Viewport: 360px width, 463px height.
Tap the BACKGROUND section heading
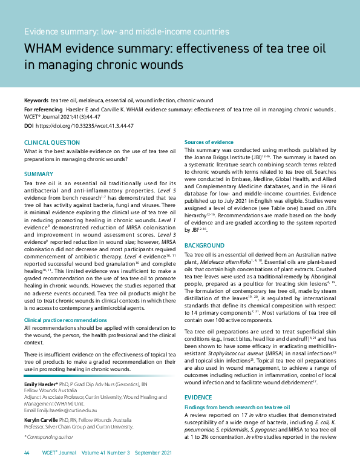pyautogui.click(x=205, y=246)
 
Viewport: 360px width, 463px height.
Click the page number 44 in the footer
pyautogui.click(x=27, y=452)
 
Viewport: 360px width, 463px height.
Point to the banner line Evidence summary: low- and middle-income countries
pyautogui.click(x=126, y=31)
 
